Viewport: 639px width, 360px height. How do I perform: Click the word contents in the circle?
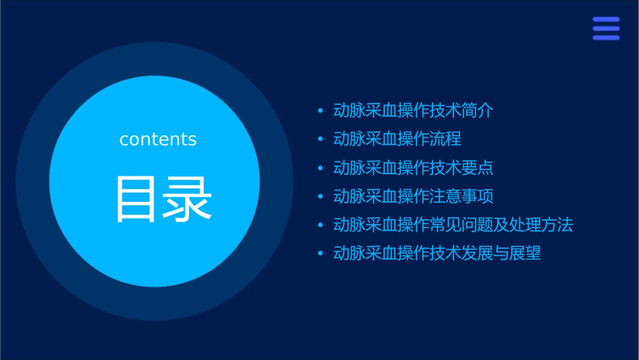click(158, 139)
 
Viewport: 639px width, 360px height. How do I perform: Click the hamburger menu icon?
click(606, 28)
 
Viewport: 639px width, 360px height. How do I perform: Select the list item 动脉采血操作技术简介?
click(413, 110)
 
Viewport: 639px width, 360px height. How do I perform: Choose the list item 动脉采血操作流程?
click(397, 139)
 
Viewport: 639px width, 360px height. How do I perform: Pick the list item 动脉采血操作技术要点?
click(413, 168)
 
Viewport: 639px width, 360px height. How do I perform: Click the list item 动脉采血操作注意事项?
click(413, 196)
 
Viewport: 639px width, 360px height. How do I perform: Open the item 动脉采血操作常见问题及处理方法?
click(453, 225)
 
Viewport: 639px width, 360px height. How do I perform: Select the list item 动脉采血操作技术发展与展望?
click(437, 254)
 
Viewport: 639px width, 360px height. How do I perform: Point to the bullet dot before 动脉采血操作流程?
click(320, 139)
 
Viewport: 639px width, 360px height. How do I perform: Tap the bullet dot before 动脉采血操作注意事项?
click(320, 196)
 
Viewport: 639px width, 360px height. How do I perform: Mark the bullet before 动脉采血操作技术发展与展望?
click(320, 254)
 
